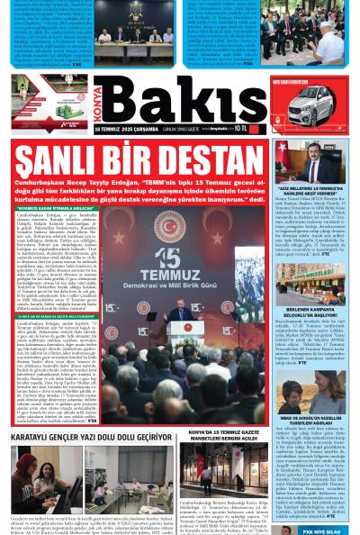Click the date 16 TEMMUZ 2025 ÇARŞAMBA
click(127, 129)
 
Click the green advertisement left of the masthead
click(49, 95)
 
